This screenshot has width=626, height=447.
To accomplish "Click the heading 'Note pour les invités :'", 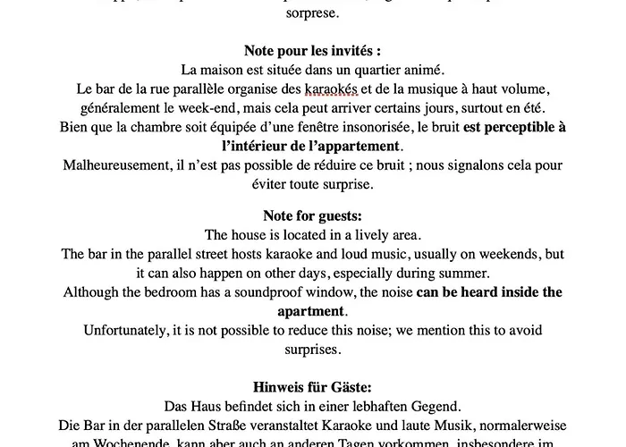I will tap(313, 51).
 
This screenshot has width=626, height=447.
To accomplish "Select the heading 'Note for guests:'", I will tap(313, 215).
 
